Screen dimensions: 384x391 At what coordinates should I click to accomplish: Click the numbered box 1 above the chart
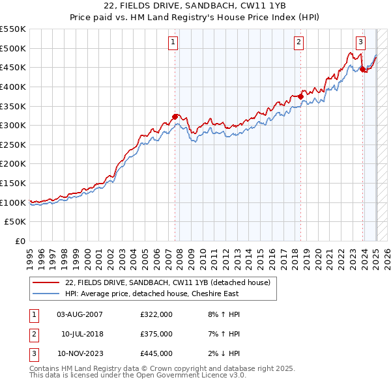pos(174,42)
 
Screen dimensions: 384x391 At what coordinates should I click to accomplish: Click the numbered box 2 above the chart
pos(298,42)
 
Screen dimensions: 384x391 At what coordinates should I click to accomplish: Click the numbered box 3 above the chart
pos(360,42)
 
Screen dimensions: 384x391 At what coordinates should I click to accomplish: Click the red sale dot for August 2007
pos(175,117)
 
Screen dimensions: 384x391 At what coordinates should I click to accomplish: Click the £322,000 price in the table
pos(156,314)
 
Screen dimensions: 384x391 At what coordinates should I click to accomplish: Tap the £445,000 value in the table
pos(156,353)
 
